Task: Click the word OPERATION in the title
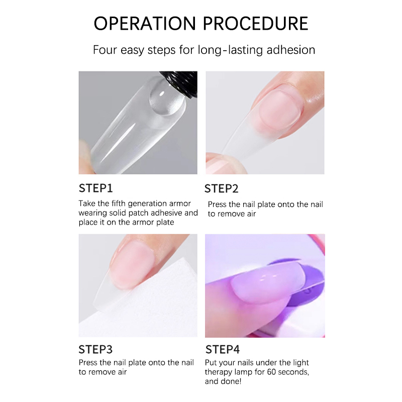pyautogui.click(x=145, y=24)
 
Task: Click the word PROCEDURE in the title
pyautogui.click(x=256, y=24)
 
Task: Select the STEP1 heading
pyautogui.click(x=95, y=188)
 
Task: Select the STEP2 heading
pyautogui.click(x=221, y=189)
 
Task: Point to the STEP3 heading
pyautogui.click(x=95, y=349)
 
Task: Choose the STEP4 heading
pyautogui.click(x=223, y=349)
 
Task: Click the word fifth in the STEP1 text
pyautogui.click(x=119, y=204)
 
